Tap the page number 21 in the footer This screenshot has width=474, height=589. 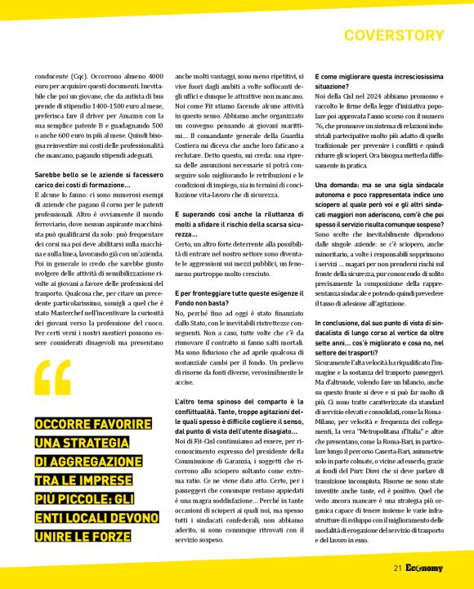click(x=397, y=569)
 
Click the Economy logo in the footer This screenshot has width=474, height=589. click(x=426, y=569)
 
